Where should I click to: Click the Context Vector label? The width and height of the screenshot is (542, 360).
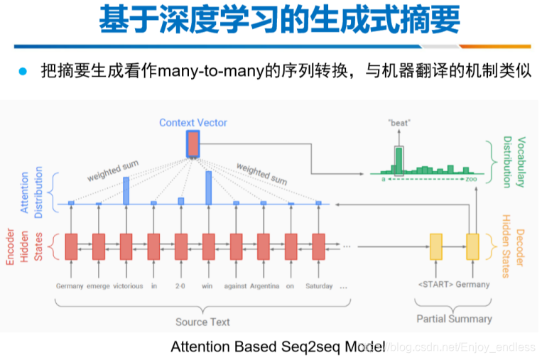coord(193,122)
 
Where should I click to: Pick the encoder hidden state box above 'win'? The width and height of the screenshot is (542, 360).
coord(208,246)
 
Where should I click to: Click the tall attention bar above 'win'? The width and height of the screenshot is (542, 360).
coord(208,186)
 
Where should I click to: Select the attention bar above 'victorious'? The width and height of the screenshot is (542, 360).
coord(126,190)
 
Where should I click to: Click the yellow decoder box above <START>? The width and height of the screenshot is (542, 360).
coord(435,246)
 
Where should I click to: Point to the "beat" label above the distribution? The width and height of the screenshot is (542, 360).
coord(399,122)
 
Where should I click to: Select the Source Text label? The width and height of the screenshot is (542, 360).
coord(202,322)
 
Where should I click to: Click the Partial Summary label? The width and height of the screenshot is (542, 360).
coord(454,318)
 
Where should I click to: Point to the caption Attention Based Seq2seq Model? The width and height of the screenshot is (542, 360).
coord(277,347)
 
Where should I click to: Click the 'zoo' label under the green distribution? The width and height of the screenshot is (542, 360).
coord(472,181)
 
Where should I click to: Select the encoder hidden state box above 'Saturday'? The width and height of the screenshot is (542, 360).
coord(318,246)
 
